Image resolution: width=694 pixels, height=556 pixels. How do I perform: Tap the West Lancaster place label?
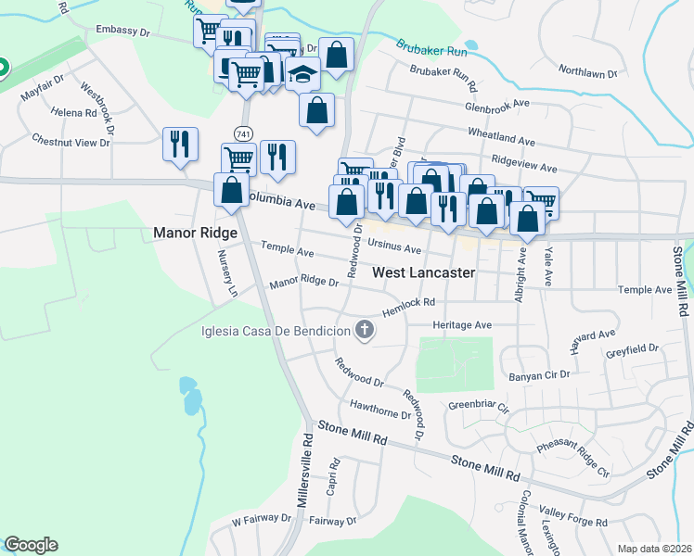pos(424,273)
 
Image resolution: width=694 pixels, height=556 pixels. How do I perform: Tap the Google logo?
pos(31,545)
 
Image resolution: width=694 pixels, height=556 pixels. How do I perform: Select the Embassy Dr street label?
pos(122,32)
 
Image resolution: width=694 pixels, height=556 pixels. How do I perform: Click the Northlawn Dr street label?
pos(587,69)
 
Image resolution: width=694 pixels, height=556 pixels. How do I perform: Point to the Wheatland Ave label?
pos(502,137)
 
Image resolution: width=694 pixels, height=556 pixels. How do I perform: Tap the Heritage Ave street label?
pos(461,325)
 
